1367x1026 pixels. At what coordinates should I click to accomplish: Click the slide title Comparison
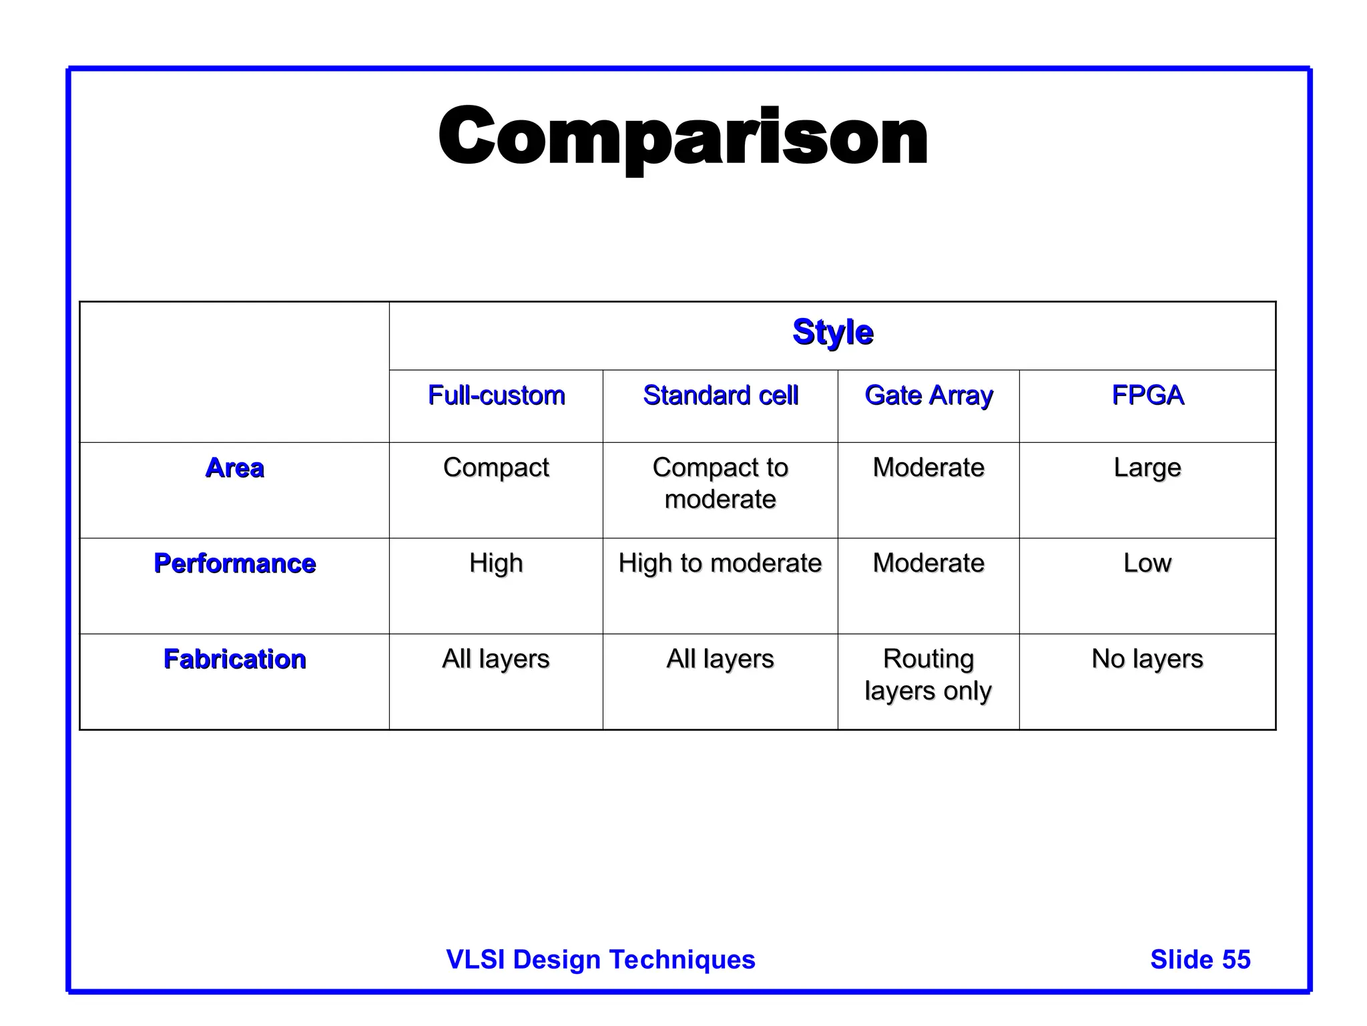pos(683,137)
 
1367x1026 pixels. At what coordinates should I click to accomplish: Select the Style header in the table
pos(832,332)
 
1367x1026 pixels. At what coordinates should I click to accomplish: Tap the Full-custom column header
pos(496,395)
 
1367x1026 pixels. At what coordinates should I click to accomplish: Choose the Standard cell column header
pos(720,395)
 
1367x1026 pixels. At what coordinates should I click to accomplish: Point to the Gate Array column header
pos(928,395)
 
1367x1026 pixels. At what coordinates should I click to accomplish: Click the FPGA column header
pos(1147,395)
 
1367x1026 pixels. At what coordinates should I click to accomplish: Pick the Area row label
pos(234,468)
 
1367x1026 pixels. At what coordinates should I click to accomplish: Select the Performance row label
pos(234,563)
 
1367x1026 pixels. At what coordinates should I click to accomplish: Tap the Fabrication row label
pos(234,659)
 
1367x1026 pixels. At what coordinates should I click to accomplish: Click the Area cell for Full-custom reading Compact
pos(496,468)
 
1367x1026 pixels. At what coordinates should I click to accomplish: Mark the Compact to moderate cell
pos(720,483)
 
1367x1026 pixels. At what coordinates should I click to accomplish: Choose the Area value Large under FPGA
pos(1147,468)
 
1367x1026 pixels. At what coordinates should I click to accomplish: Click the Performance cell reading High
pos(496,563)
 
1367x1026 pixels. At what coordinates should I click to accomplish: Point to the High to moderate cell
pos(720,563)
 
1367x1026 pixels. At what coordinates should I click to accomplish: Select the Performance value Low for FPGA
pos(1147,563)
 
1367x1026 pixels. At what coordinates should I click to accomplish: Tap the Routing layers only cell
pos(928,675)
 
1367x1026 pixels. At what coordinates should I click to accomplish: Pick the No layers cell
pos(1147,659)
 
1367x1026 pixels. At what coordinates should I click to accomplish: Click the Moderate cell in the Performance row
pos(928,563)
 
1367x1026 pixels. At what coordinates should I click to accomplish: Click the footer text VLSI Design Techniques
pos(601,959)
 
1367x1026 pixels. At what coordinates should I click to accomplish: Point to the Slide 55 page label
pos(1200,959)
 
